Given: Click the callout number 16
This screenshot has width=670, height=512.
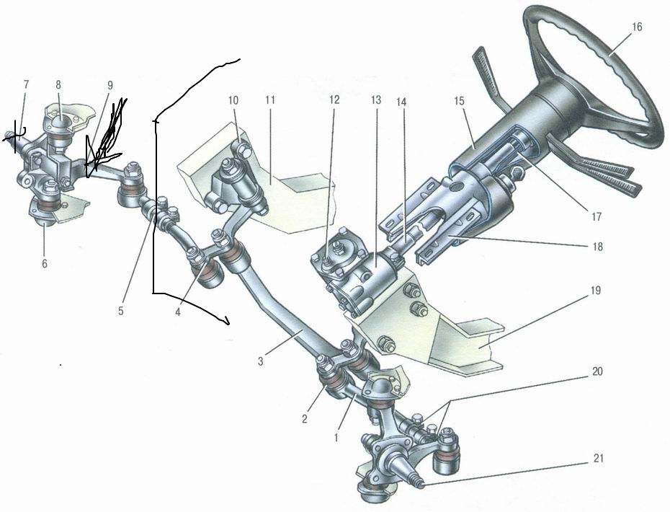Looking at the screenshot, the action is point(637,27).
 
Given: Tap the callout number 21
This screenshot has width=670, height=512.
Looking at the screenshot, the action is point(599,458).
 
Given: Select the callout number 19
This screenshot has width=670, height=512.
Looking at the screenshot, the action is point(596,291).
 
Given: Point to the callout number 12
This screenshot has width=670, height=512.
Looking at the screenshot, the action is point(334,100).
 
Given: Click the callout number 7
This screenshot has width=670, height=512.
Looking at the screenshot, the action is point(26,84).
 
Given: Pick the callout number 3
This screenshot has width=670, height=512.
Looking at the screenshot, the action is point(260,361).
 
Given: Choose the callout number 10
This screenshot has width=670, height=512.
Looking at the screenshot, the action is point(233,100).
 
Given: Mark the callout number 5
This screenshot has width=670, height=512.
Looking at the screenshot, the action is point(121,311).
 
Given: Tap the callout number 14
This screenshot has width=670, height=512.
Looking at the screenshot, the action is point(401,102).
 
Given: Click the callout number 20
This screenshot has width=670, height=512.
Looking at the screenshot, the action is point(597,371).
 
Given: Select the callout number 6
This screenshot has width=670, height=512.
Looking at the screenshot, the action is point(45,264).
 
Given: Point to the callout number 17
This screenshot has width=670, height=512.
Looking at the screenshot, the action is point(597,217).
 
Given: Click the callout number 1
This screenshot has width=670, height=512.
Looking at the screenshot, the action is point(336,438).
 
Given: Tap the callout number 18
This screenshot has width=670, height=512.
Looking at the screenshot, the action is point(597,247).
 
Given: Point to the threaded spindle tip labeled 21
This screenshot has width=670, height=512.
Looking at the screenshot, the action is point(419,485).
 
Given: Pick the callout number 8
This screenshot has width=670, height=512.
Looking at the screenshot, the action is point(58,84).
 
